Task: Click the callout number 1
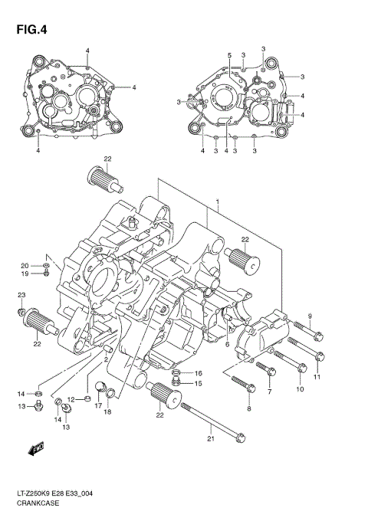point(218,204)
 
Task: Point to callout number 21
point(209,439)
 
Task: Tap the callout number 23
point(21,295)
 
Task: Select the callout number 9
point(310,316)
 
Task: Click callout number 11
point(316,377)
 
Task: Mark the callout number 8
point(248,409)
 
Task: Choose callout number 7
point(269,392)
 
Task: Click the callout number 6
point(228,345)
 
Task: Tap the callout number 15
point(198,383)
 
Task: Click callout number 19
point(24,274)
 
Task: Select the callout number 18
point(107,412)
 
